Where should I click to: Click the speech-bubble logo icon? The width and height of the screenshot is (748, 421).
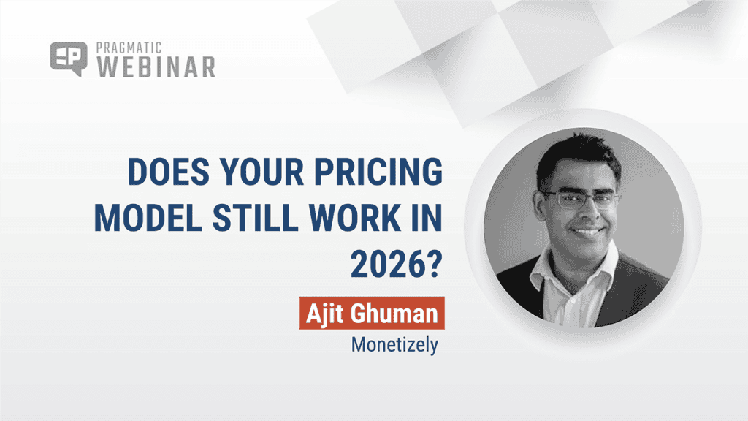[68, 58]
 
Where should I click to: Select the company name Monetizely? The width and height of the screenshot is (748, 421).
[394, 344]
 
